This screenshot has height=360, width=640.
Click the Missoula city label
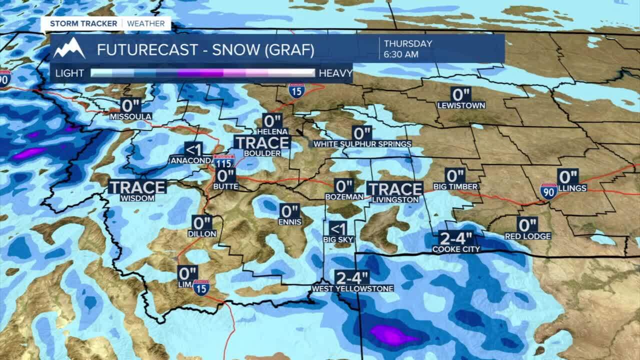[x=130, y=116]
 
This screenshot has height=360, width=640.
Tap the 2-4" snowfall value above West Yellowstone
[x=352, y=277]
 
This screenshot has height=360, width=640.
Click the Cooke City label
[x=456, y=249]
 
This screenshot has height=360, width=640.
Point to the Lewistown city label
[x=461, y=105]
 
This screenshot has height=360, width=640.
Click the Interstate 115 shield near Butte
[x=224, y=161]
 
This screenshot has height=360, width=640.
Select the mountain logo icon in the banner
[x=69, y=48]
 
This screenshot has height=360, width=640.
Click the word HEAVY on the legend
[x=335, y=73]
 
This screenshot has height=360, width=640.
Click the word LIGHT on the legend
[x=69, y=73]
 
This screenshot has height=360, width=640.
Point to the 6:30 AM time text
[x=401, y=54]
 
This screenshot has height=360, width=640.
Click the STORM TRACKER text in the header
[x=83, y=23]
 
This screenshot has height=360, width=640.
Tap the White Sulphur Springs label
[x=362, y=144]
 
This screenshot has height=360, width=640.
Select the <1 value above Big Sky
[x=338, y=228]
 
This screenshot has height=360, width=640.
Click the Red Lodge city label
[x=527, y=236]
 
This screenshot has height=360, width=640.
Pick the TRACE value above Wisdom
[x=137, y=187]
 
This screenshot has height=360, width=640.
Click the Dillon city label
[x=202, y=233]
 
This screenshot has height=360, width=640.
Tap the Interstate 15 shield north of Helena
[x=296, y=90]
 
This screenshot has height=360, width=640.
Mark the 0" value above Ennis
[x=289, y=210]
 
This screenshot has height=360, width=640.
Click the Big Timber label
[x=455, y=186]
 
